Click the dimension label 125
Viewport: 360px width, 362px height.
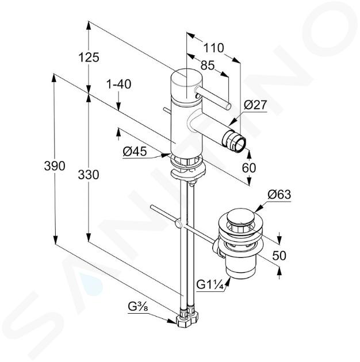coord(89,57)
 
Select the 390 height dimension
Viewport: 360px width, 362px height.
coord(55,165)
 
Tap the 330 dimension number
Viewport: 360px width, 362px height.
coord(89,175)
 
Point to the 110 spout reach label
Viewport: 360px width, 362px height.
coord(214,48)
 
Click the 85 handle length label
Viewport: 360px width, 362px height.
coord(208,66)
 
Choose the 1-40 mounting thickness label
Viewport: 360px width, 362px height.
coord(119,84)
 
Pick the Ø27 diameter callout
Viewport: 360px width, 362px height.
coord(255,105)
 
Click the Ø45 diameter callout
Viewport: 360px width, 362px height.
coord(135,152)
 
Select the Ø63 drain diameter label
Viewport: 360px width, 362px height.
coord(279,195)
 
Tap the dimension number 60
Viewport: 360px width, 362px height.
coord(249,168)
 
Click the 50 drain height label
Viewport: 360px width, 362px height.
coord(279,255)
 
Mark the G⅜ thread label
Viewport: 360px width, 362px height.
coord(138,307)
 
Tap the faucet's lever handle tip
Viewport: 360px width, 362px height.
coord(228,107)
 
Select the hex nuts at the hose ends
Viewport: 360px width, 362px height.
coord(187,317)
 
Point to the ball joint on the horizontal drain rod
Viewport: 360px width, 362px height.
coord(178,224)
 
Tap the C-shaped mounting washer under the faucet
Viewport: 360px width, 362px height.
coord(187,172)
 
